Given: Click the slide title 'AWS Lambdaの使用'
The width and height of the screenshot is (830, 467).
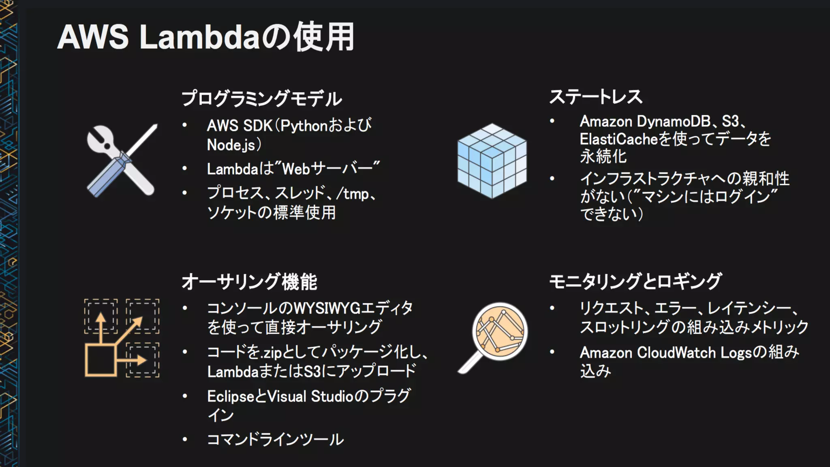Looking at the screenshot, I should click(x=206, y=37).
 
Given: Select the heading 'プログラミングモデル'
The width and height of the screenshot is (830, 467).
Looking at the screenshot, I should click(x=261, y=99).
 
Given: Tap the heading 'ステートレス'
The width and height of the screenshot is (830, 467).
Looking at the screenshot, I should click(x=595, y=97).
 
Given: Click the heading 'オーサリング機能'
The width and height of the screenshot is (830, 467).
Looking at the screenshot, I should click(x=249, y=282).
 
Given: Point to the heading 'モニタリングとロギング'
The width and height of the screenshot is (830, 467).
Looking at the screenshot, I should click(x=635, y=281).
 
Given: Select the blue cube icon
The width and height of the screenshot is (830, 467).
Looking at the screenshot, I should click(x=492, y=161).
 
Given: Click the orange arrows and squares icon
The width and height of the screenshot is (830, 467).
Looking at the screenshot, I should click(x=122, y=338).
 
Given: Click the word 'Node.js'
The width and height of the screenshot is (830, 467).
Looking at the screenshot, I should click(x=231, y=145).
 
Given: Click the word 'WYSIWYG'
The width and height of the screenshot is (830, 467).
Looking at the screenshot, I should click(x=327, y=308).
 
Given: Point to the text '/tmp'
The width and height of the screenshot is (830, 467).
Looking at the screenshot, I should click(x=356, y=194).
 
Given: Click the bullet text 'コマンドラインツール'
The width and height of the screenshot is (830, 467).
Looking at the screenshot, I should click(x=275, y=439).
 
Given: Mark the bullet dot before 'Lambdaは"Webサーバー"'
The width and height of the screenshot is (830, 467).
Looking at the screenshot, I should click(x=184, y=168).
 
